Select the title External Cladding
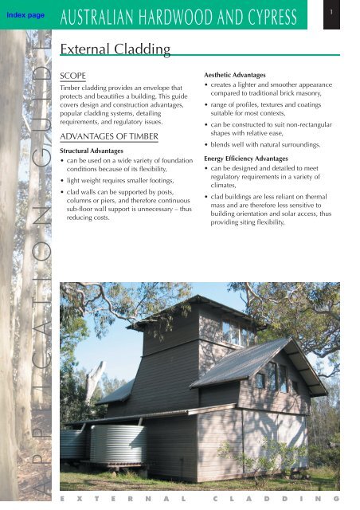coord(115,50)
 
